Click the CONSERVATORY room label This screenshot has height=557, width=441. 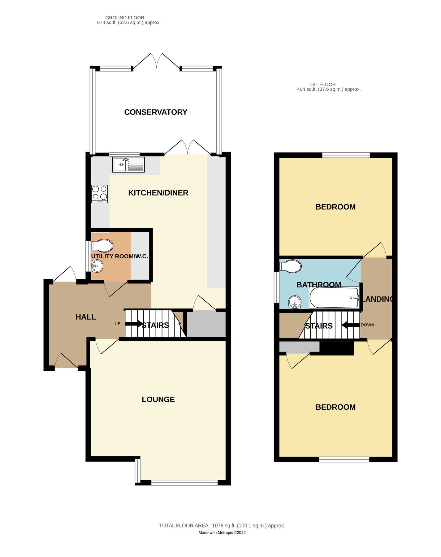pyautogui.click(x=156, y=112)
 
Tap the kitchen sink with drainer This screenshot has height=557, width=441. pyautogui.click(x=128, y=164)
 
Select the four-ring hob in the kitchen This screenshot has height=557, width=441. pyautogui.click(x=100, y=194)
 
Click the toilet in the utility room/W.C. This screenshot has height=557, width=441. pyautogui.click(x=102, y=246)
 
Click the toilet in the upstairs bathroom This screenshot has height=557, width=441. pyautogui.click(x=290, y=266)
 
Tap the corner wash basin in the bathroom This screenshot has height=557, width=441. pyautogui.click(x=295, y=302)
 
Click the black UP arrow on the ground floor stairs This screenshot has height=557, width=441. pyautogui.click(x=133, y=324)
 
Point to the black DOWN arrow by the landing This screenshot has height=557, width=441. pyautogui.click(x=350, y=325)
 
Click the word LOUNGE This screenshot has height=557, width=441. pyautogui.click(x=158, y=399)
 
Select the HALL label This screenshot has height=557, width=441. pyautogui.click(x=86, y=317)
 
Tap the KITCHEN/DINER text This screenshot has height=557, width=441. pyautogui.click(x=158, y=193)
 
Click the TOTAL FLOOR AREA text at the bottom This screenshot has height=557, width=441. pyautogui.click(x=222, y=525)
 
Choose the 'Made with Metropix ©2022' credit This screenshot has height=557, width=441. pyautogui.click(x=222, y=533)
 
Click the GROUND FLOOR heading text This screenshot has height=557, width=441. pyautogui.click(x=125, y=18)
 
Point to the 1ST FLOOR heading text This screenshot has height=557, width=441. pyautogui.click(x=322, y=84)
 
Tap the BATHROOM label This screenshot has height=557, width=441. pyautogui.click(x=319, y=285)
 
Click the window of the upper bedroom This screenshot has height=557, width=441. pyautogui.click(x=346, y=155)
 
